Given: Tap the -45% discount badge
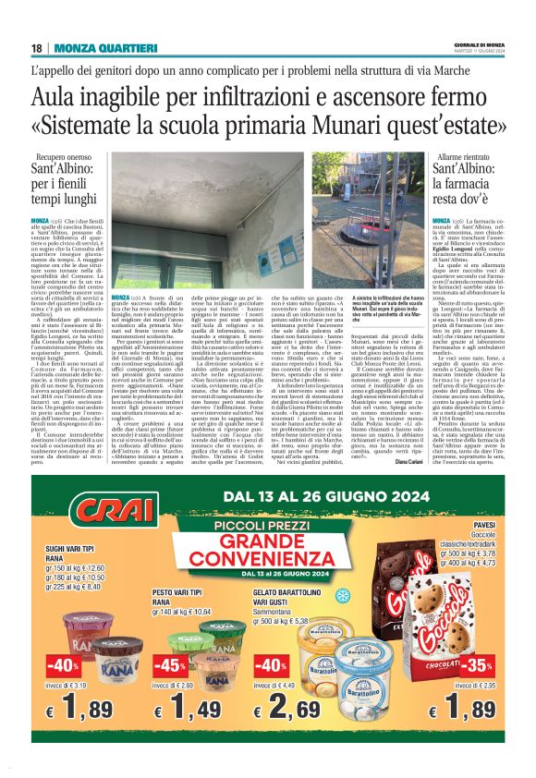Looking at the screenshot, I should (170, 665).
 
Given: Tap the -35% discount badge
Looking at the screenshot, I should (479, 663).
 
